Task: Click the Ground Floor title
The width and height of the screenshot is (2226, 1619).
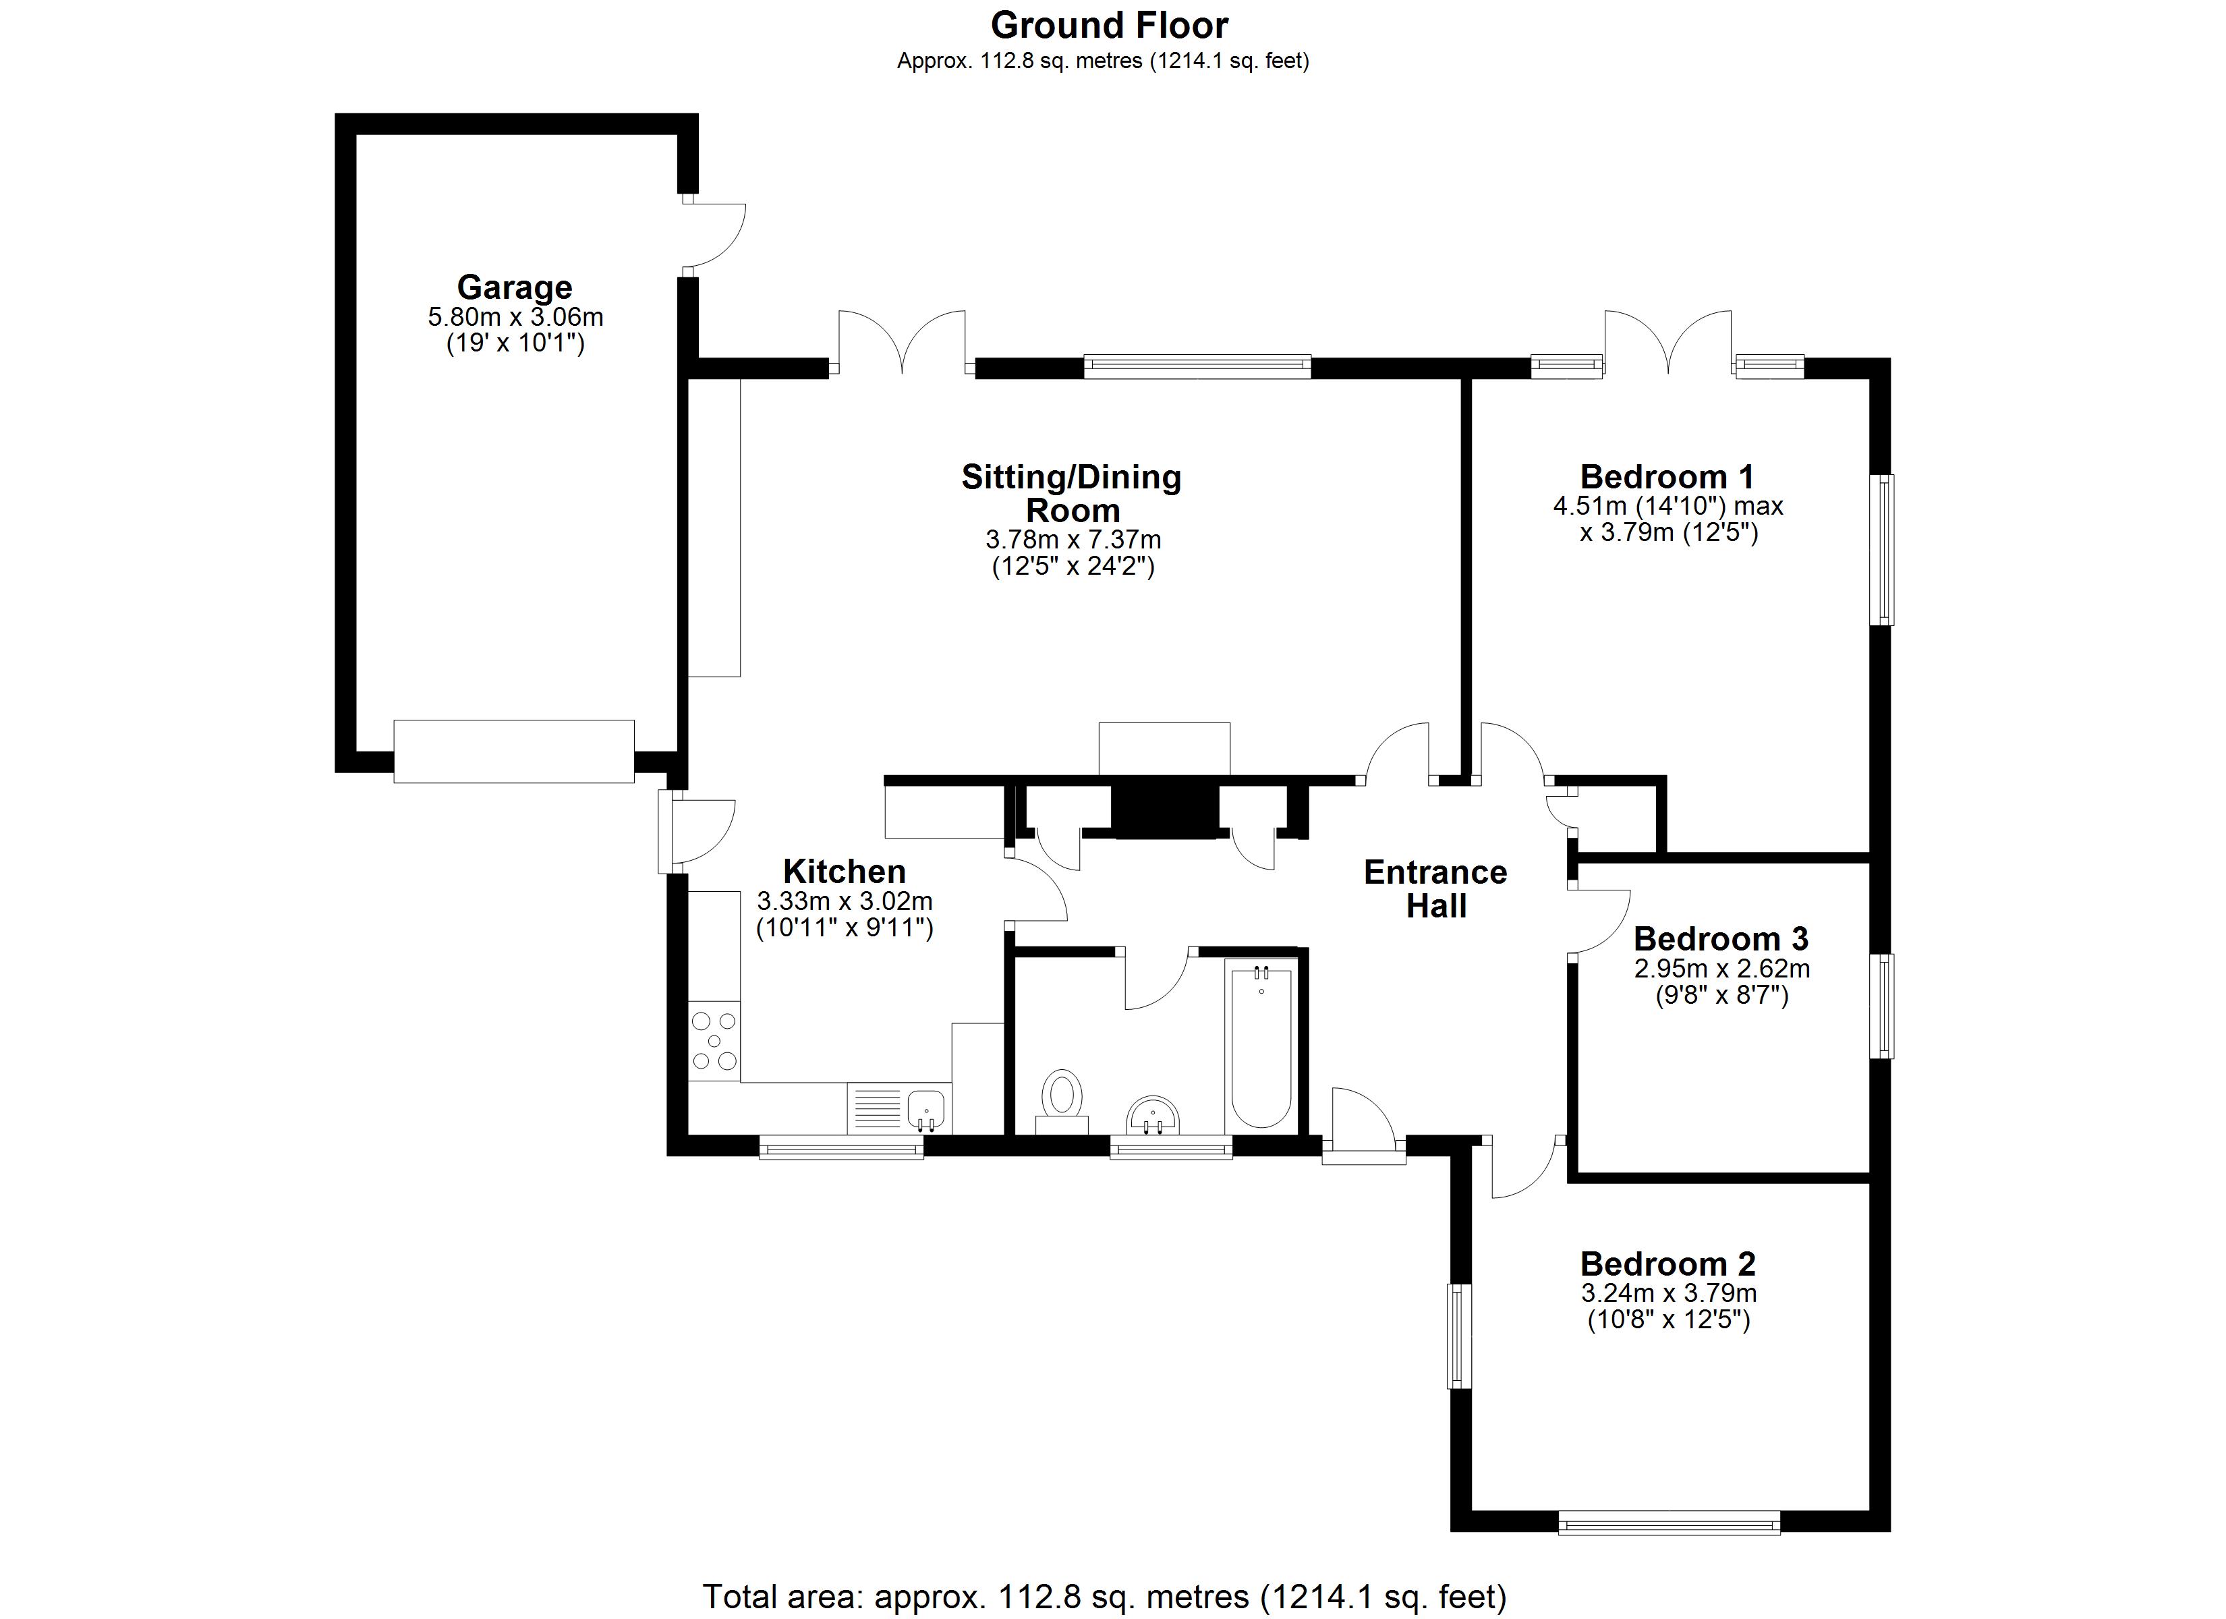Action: [x=1109, y=26]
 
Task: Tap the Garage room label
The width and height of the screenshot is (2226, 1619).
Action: [x=514, y=287]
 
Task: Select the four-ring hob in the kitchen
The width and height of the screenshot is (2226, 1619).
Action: [x=714, y=1041]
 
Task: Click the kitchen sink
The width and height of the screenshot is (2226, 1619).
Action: [x=925, y=1110]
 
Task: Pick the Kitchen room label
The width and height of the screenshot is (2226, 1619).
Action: [x=844, y=872]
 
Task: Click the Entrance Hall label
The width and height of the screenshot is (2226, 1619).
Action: [x=1435, y=888]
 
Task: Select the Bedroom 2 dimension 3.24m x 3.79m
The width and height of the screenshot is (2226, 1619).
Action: [x=1669, y=1293]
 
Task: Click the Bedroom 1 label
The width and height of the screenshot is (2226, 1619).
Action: [x=1667, y=477]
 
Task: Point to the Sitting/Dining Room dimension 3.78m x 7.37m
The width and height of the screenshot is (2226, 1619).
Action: [x=1073, y=540]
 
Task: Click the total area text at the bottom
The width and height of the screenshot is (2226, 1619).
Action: [x=1104, y=1597]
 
